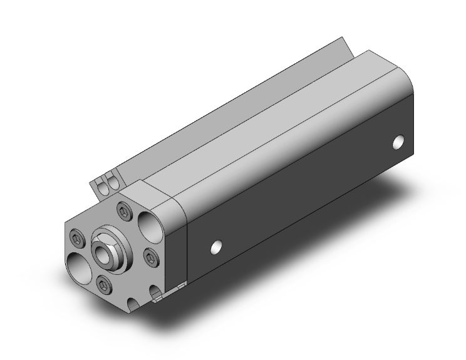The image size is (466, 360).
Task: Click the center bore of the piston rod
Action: (100, 252)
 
